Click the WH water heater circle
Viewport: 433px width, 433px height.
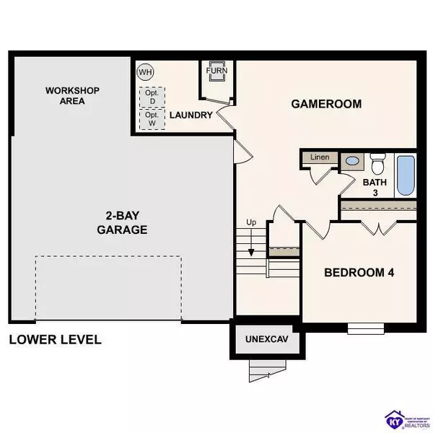pos(145,71)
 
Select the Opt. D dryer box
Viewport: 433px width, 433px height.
pos(152,97)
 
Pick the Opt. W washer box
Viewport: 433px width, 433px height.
pos(152,119)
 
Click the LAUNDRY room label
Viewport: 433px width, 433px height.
pos(191,115)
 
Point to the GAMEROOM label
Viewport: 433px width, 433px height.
pos(325,103)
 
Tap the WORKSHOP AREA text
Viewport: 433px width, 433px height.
pos(72,95)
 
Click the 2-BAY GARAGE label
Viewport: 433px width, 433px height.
pos(122,223)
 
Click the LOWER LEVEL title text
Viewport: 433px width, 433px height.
pos(55,339)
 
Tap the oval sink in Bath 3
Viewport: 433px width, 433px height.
pos(353,162)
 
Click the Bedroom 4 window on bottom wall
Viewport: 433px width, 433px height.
pos(365,328)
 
